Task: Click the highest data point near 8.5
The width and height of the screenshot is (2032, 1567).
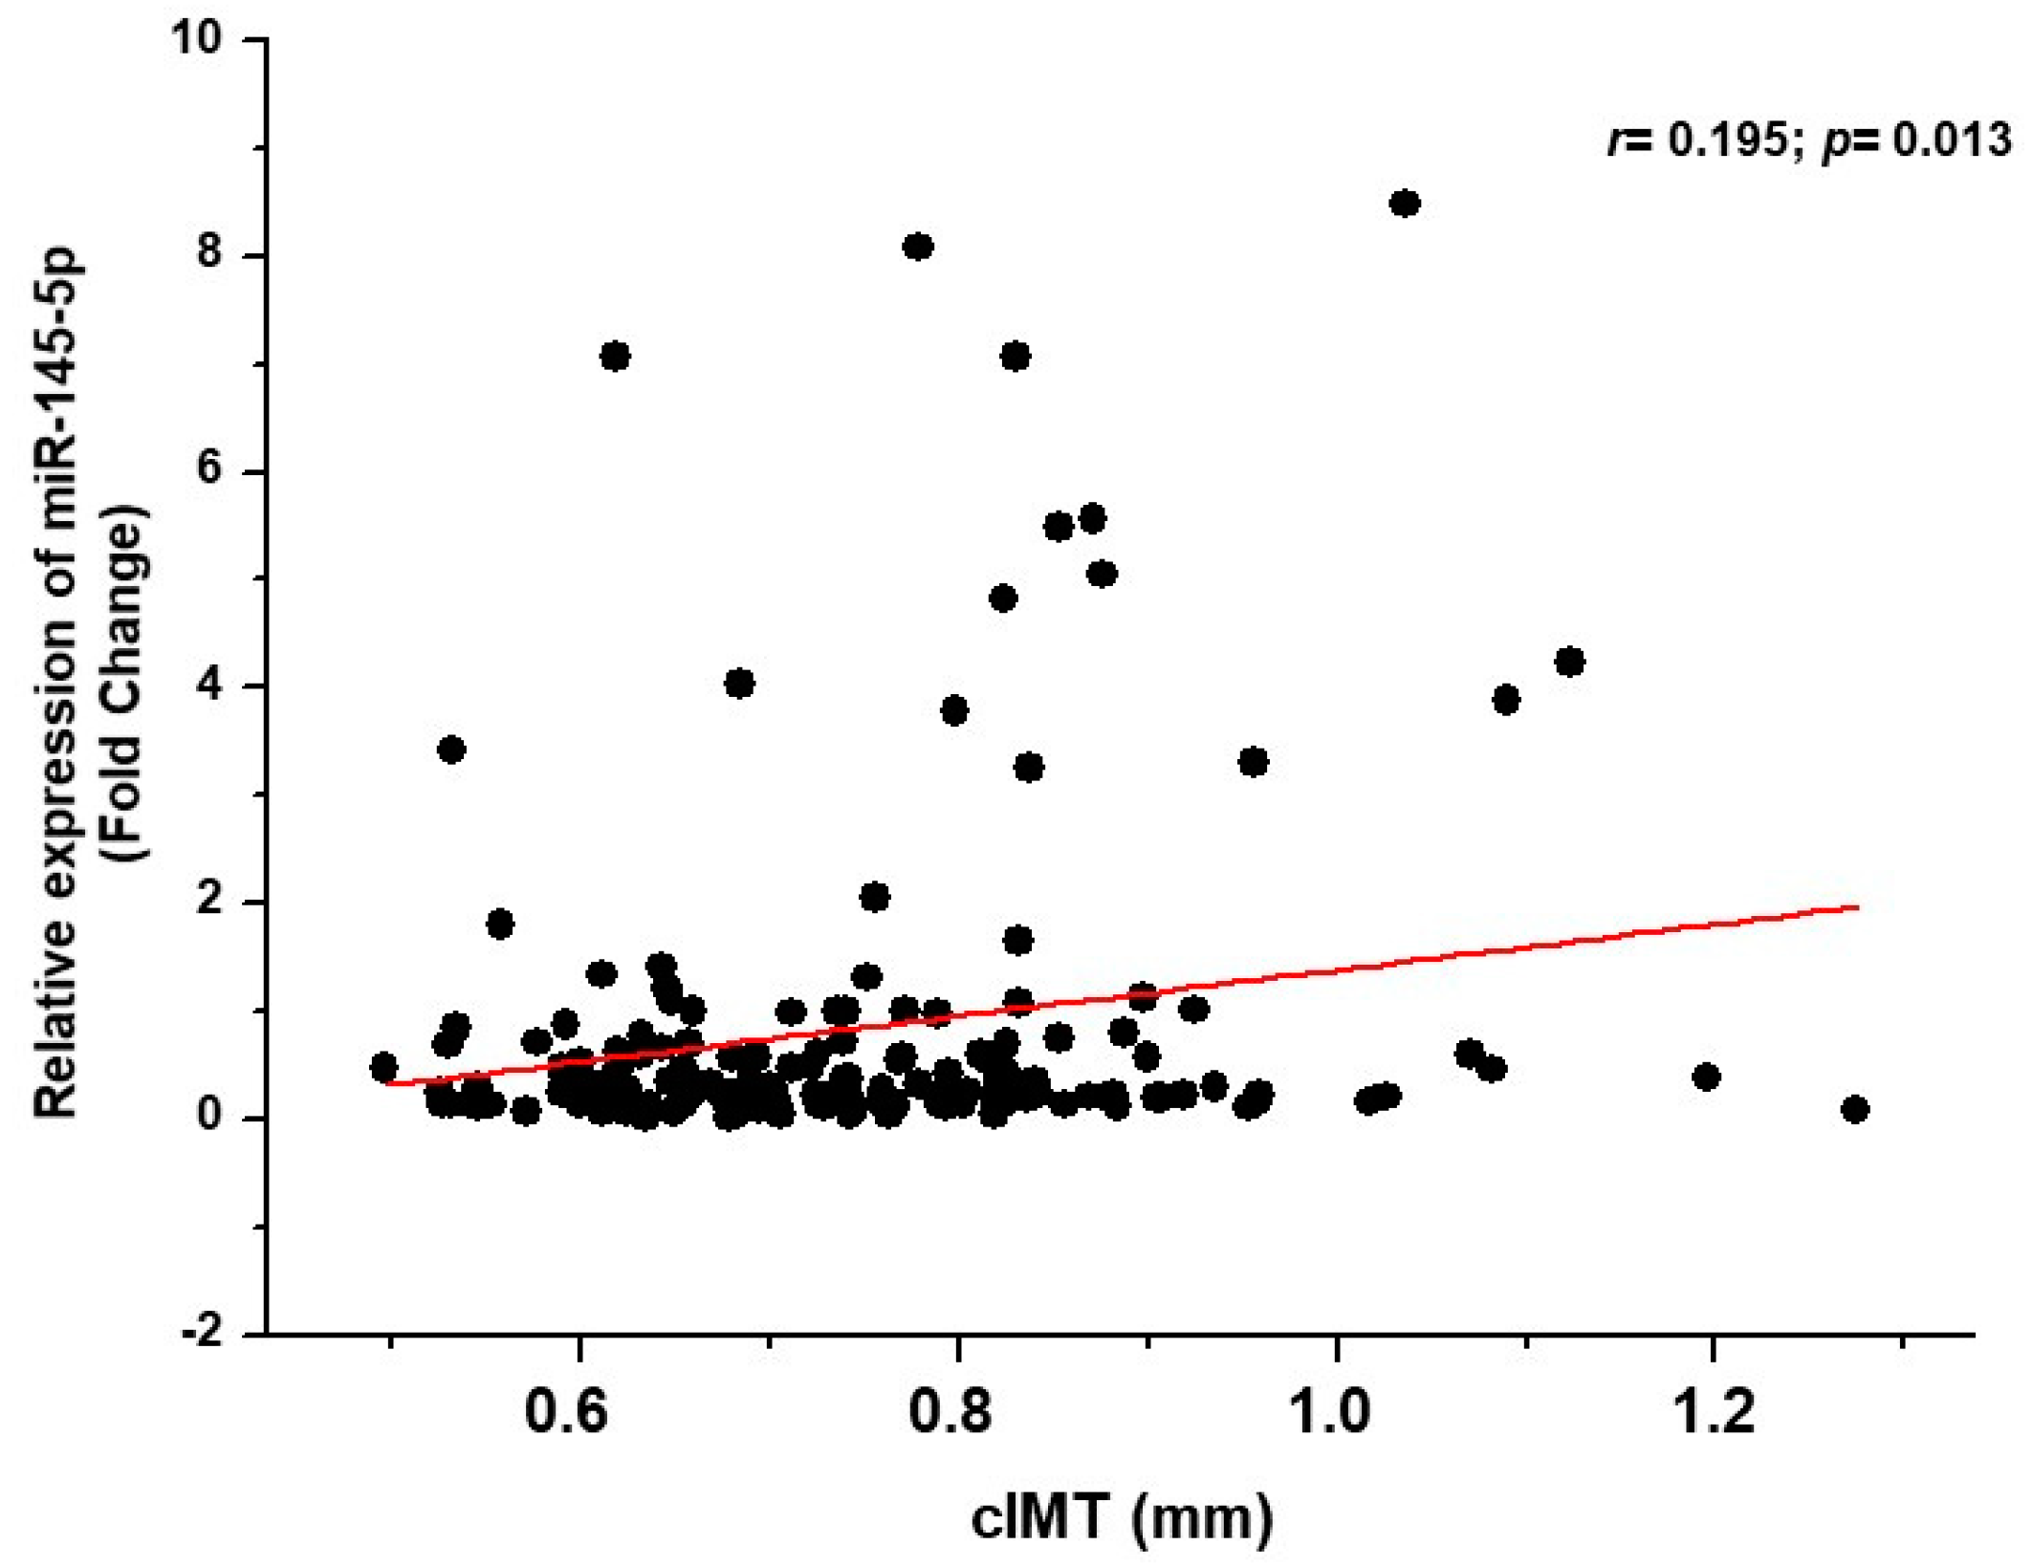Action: [x=1404, y=204]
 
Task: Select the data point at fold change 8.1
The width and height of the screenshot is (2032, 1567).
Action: [x=917, y=247]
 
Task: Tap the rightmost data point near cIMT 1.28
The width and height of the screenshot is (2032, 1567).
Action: [x=1854, y=1109]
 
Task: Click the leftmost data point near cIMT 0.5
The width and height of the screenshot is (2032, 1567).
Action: [x=383, y=1066]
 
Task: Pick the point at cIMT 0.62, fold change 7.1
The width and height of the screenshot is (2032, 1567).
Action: [x=615, y=357]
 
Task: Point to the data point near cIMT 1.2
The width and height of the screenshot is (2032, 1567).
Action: [x=1706, y=1077]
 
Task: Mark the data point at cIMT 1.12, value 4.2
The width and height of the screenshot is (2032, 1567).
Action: [x=1569, y=662]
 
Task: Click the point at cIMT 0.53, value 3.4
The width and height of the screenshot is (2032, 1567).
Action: [x=451, y=750]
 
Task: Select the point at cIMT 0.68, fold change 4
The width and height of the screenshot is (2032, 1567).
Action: [x=739, y=684]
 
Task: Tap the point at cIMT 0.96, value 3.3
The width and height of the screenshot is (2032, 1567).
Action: [x=1253, y=762]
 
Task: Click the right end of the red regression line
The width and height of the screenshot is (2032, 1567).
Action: [x=1857, y=906]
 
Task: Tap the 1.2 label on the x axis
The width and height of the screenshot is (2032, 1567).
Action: [x=1714, y=1410]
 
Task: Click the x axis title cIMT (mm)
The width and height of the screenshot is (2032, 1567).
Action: [x=1121, y=1517]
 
